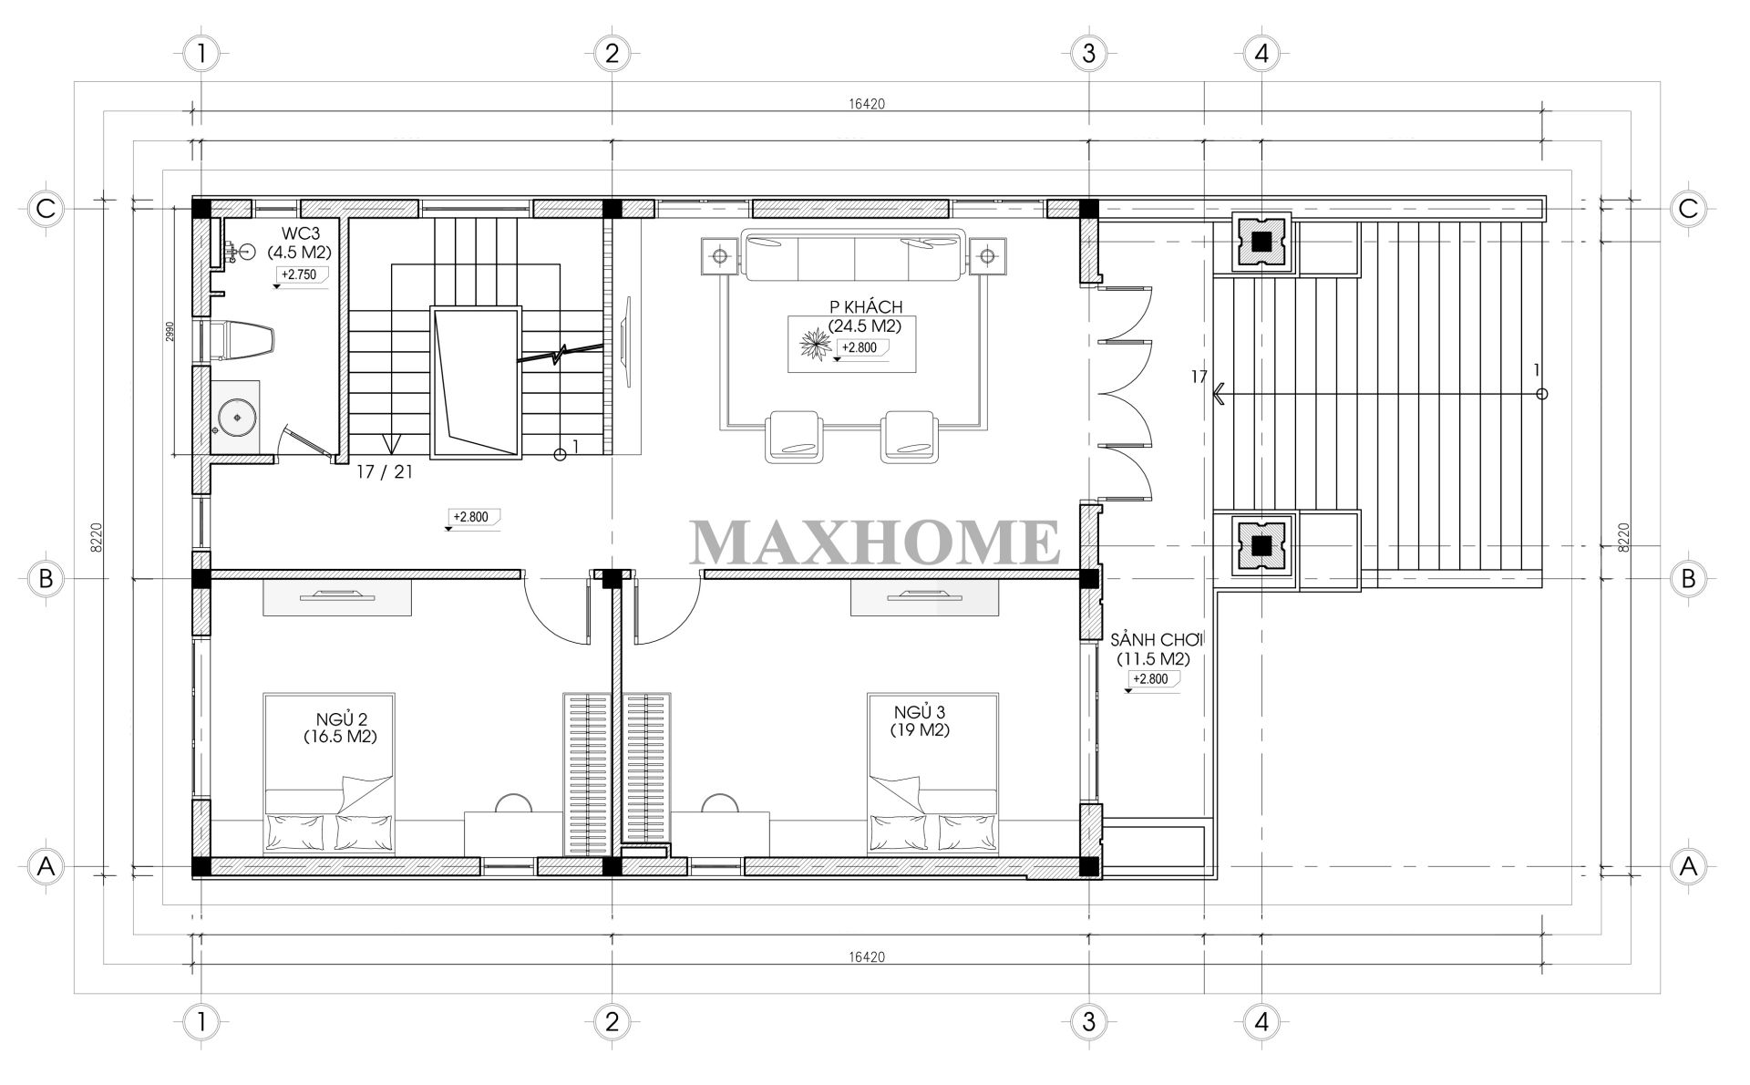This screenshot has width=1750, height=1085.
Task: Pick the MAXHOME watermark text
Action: click(875, 542)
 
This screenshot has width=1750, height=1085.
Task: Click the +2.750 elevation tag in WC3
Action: click(302, 274)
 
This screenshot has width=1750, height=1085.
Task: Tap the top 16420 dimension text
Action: click(866, 104)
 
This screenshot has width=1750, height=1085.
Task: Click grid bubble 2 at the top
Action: click(612, 54)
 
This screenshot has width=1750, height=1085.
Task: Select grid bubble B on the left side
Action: click(46, 578)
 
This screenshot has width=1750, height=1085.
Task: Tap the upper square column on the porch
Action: click(1261, 242)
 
